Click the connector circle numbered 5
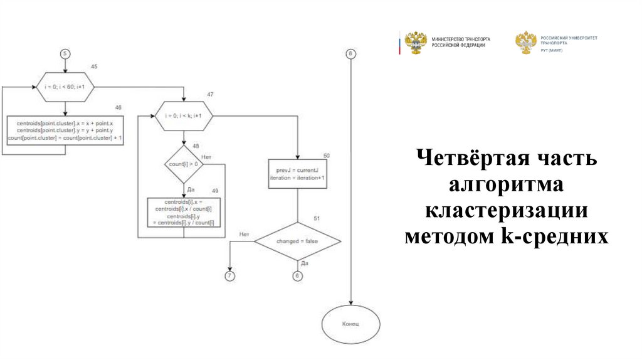point(65,53)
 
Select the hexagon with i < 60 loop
point(65,88)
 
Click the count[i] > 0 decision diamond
point(183,164)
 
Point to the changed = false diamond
point(297,241)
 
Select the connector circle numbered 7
point(229,276)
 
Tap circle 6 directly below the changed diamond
point(297,276)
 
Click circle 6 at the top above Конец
point(350,53)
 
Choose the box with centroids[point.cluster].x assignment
point(65,130)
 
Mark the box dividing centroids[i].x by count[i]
point(183,212)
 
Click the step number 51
point(317,218)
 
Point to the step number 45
point(94,66)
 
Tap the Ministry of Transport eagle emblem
point(415,43)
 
